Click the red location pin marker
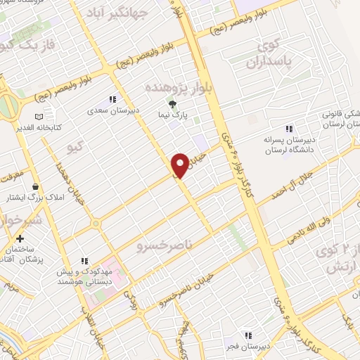pyautogui.click(x=179, y=165)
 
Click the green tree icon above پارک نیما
pyautogui.click(x=172, y=105)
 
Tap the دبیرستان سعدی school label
pyautogui.click(x=110, y=110)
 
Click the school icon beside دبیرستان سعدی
pyautogui.click(x=111, y=99)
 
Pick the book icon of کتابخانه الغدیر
pyautogui.click(x=39, y=116)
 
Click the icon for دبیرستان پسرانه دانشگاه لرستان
pyautogui.click(x=288, y=128)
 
